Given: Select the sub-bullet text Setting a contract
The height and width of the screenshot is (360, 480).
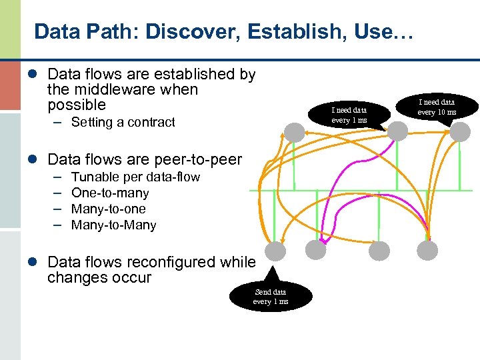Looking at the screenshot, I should point(123,122).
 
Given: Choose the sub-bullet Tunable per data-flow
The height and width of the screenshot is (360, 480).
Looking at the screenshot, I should point(135,177).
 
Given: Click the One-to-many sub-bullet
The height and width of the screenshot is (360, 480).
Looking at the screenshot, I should point(110,193).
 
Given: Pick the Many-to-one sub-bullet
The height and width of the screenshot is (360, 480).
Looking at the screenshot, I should point(109,209).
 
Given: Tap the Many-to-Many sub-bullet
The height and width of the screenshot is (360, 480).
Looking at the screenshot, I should point(113,225).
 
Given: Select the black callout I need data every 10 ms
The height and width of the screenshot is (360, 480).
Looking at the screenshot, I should point(437,107).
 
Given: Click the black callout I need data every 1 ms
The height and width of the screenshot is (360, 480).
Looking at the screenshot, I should point(349,114).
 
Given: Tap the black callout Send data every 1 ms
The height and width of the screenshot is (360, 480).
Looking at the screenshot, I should point(270,296).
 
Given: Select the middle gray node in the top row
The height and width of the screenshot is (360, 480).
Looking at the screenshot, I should point(397,131).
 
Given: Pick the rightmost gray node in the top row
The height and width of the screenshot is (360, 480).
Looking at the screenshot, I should point(459,131).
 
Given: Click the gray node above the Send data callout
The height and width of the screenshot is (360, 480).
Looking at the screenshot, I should point(275,251).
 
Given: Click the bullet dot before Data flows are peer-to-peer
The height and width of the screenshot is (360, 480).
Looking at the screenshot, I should point(39,160).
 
